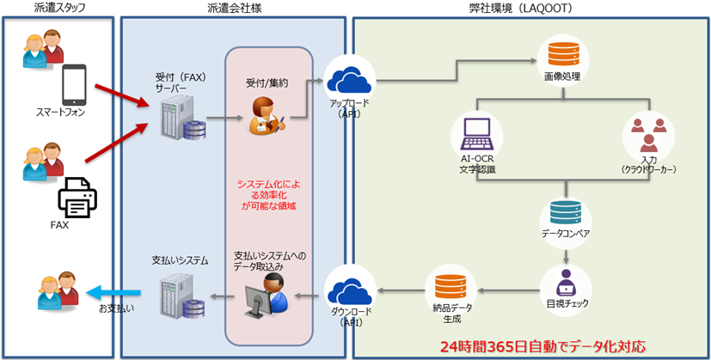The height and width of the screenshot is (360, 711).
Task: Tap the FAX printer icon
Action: click(77, 198)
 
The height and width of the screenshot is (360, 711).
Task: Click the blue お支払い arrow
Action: click(113, 291)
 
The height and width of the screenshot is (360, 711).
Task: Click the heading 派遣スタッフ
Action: click(58, 9)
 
